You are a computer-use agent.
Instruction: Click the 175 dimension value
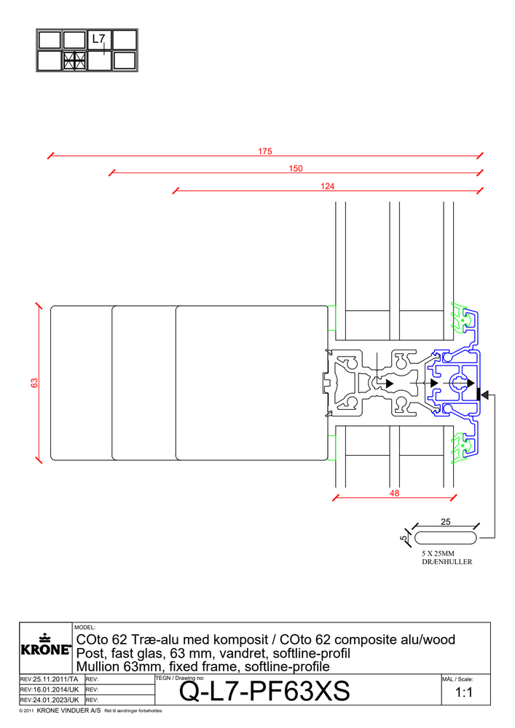pos(264,151)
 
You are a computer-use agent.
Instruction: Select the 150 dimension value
pos(295,169)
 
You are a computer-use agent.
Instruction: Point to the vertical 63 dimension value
pos(34,382)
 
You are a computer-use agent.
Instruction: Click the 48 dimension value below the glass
pos(393,493)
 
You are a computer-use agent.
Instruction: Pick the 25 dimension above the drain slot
pos(445,521)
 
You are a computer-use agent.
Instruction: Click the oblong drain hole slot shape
pos(445,537)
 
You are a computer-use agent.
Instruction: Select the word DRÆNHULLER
pos(447,563)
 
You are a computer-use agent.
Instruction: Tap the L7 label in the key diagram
pos(98,39)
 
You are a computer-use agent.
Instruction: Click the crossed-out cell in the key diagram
pos(74,60)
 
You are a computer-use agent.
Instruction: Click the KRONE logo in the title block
pos(44,645)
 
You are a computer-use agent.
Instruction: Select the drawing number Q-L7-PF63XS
pos(264,692)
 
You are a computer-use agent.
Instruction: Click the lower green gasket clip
pos(460,449)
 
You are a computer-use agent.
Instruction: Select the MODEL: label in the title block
pos(85,627)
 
